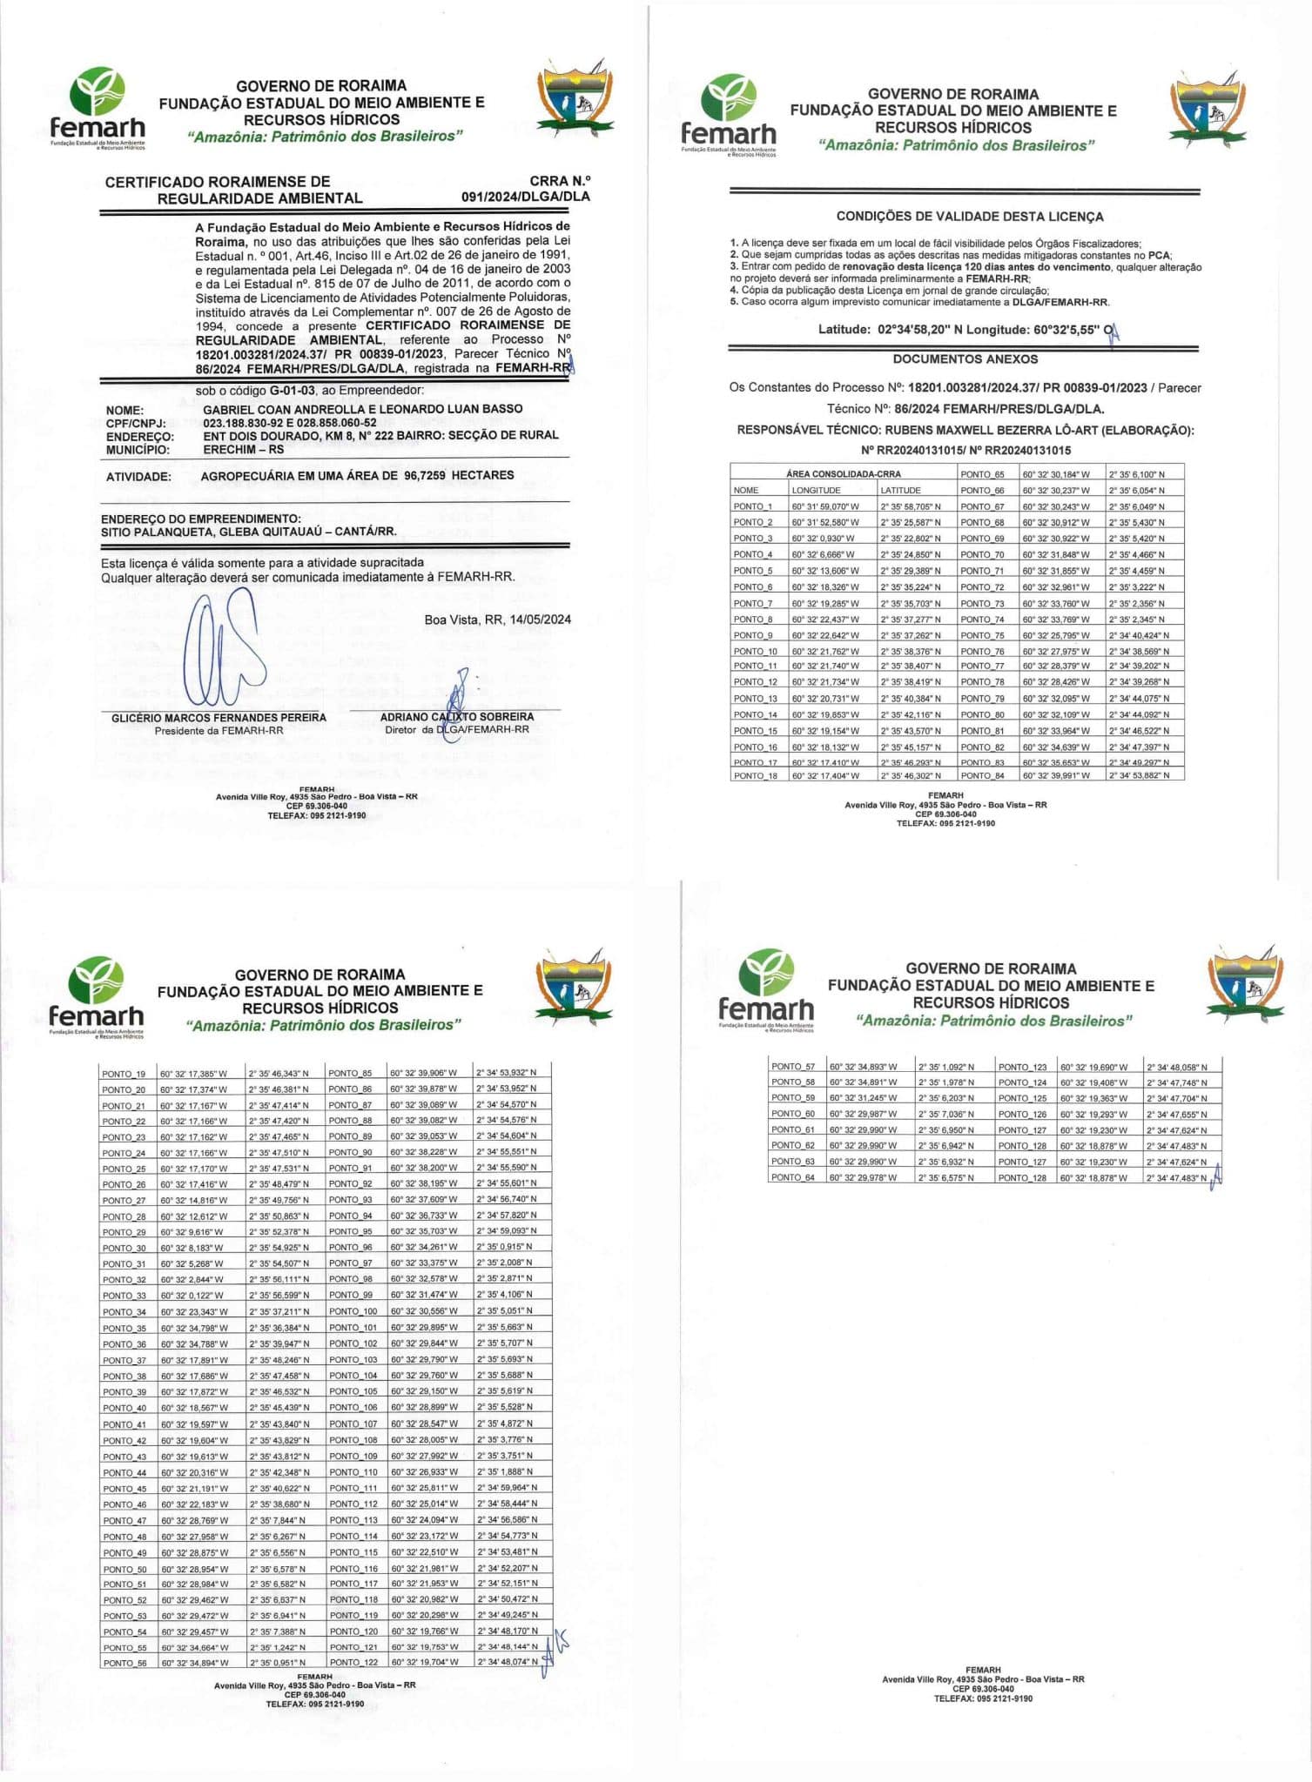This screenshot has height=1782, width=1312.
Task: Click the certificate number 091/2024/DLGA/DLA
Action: pyautogui.click(x=525, y=197)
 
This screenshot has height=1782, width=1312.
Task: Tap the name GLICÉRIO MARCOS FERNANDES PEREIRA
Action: pyautogui.click(x=219, y=718)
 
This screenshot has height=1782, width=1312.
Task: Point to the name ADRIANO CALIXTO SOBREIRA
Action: pyautogui.click(x=457, y=717)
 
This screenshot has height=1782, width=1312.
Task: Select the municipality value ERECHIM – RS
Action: pyautogui.click(x=243, y=450)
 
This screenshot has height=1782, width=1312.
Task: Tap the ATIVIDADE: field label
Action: pyautogui.click(x=138, y=477)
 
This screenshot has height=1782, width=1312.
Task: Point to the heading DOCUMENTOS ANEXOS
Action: pyautogui.click(x=965, y=358)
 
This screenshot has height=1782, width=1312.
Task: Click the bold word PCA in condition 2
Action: pyautogui.click(x=1159, y=256)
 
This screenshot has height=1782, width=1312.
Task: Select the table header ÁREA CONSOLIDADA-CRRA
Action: pyautogui.click(x=843, y=474)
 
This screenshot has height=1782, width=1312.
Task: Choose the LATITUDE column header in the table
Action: pyautogui.click(x=900, y=491)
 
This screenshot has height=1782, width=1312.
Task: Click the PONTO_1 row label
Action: pyautogui.click(x=753, y=506)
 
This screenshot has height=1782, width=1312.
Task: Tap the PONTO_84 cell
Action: pyautogui.click(x=982, y=776)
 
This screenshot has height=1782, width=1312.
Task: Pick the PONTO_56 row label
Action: pyautogui.click(x=124, y=1663)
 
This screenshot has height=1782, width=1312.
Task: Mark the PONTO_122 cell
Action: pyautogui.click(x=353, y=1663)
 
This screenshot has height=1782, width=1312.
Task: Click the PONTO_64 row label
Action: pyautogui.click(x=792, y=1178)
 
